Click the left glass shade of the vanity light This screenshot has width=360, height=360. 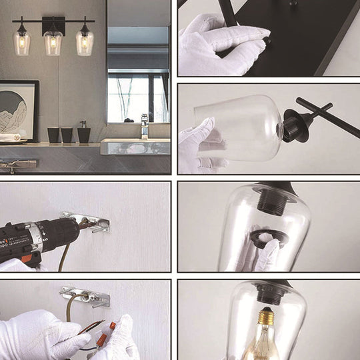coord(22,43)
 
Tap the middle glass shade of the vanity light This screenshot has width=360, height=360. coord(53,43)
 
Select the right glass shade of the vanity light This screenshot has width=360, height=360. coord(84,43)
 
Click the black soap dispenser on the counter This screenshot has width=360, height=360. coord(83,133)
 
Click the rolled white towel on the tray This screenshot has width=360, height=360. coord(9,137)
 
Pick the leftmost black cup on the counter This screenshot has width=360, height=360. coord(53,135)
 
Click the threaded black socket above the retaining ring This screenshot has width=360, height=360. coord(272,201)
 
